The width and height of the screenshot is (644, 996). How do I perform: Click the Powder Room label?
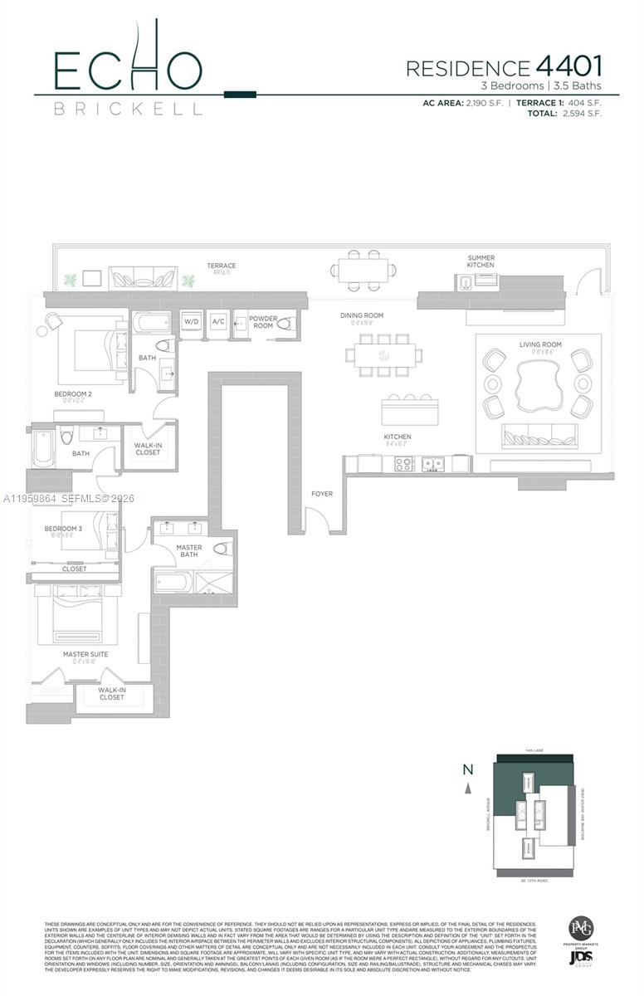(x=263, y=322)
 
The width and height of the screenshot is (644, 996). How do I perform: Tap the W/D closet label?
(x=192, y=321)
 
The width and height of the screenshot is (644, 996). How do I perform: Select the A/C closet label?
(x=219, y=321)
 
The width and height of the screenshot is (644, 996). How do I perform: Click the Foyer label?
(x=321, y=494)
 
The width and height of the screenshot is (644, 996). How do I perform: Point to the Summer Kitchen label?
(x=481, y=261)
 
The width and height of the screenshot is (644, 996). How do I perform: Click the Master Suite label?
(x=85, y=654)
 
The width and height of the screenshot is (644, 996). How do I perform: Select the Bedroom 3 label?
(x=63, y=529)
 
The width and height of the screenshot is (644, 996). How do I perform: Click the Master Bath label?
(x=188, y=551)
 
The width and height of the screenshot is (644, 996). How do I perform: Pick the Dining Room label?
(x=361, y=315)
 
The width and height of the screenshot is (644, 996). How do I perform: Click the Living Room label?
(x=540, y=344)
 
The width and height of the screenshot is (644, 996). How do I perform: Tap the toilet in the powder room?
(x=285, y=324)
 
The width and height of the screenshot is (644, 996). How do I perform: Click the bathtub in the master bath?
(x=173, y=582)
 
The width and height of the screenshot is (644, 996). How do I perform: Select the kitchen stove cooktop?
(x=403, y=465)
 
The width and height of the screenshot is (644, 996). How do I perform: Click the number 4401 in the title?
(x=568, y=66)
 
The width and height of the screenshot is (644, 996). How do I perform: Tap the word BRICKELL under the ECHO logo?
(x=128, y=109)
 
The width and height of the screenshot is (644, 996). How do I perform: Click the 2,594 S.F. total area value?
(x=581, y=114)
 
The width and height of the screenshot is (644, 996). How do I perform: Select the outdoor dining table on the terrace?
(x=363, y=269)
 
